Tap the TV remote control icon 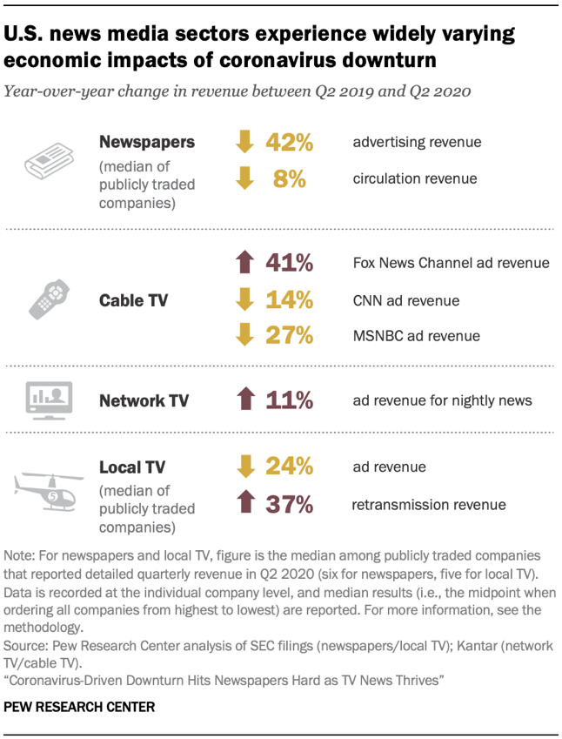pyautogui.click(x=49, y=299)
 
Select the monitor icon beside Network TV pyautogui.click(x=50, y=400)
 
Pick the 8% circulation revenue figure pyautogui.click(x=290, y=178)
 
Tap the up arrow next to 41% pyautogui.click(x=244, y=262)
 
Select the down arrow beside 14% pyautogui.click(x=244, y=299)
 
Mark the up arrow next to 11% pyautogui.click(x=244, y=400)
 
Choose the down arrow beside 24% pyautogui.click(x=244, y=467)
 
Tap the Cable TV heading pyautogui.click(x=133, y=300)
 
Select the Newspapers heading pyautogui.click(x=146, y=141)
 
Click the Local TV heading pyautogui.click(x=131, y=467)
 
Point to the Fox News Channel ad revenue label pyautogui.click(x=451, y=263)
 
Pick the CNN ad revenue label pyautogui.click(x=406, y=300)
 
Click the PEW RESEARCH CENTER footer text pyautogui.click(x=79, y=708)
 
